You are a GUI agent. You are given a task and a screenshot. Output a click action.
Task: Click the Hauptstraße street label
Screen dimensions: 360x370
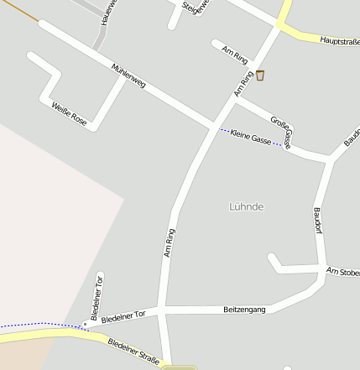click(x=339, y=39)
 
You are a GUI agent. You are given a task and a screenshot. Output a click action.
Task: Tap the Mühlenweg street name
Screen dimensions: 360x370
click(x=128, y=76)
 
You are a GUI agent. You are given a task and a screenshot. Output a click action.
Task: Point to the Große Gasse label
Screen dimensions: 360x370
click(x=281, y=130)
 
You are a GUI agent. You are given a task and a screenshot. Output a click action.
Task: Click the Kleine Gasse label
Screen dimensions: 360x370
click(x=250, y=137)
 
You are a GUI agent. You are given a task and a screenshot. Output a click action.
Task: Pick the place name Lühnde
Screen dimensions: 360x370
click(x=247, y=206)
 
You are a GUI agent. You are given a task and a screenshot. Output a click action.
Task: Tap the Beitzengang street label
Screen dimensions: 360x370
click(x=244, y=310)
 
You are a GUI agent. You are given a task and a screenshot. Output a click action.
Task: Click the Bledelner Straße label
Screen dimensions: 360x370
click(x=133, y=352)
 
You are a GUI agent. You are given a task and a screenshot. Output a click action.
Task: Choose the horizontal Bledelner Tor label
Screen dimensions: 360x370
click(x=123, y=316)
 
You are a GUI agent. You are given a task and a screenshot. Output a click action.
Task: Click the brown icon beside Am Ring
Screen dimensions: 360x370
click(x=260, y=76)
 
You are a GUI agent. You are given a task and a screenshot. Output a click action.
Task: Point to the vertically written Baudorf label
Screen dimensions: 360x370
click(x=317, y=221)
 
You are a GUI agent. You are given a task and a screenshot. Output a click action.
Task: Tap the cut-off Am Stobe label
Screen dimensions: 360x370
click(x=343, y=272)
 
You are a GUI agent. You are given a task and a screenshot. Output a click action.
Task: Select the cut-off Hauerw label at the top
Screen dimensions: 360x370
click(x=106, y=12)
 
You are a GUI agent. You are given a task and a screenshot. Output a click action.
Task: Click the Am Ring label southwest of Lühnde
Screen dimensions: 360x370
click(x=170, y=242)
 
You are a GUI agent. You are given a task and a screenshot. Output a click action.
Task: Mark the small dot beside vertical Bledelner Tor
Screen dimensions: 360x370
click(x=85, y=323)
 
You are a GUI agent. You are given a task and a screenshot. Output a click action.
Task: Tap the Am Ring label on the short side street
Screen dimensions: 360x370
click(x=235, y=55)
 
